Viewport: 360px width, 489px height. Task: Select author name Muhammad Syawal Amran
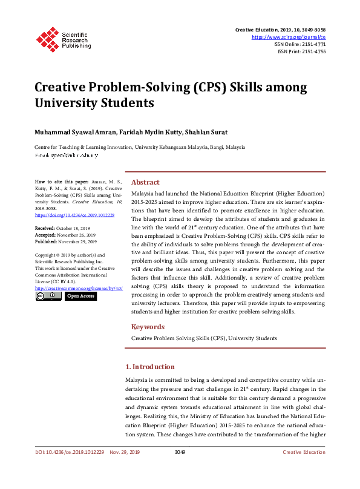click(67, 132)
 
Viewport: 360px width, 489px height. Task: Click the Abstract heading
click(145, 182)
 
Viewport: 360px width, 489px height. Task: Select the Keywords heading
click(148, 327)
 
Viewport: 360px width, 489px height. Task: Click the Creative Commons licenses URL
click(74, 289)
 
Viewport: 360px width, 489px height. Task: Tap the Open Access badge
click(80, 297)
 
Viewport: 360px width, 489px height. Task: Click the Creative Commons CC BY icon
click(48, 297)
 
